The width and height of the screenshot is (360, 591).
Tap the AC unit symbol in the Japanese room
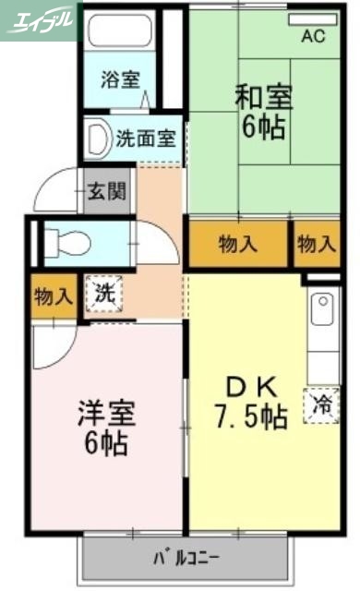313,19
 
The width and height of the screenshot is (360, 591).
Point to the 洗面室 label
146,139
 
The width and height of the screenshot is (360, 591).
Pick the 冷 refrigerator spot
322,404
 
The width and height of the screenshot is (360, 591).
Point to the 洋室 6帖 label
102,427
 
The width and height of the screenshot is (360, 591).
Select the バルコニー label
185,558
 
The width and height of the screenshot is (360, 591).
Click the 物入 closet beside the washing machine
52,296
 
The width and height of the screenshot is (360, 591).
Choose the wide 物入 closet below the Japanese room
237,244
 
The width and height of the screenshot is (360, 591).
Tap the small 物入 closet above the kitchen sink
316,244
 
